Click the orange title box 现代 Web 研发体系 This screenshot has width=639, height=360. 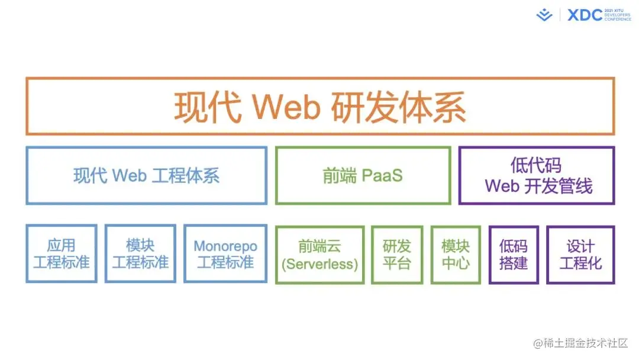[320, 107]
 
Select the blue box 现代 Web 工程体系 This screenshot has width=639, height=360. [146, 176]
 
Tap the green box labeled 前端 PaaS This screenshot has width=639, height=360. [363, 176]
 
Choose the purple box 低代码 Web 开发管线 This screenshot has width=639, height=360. [537, 176]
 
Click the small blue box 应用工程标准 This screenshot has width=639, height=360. [62, 254]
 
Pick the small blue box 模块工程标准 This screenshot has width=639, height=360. [140, 254]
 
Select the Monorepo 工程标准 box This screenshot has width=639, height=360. [225, 254]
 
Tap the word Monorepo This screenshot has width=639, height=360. [225, 246]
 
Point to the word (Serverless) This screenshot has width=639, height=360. [319, 263]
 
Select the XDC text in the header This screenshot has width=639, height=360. [585, 15]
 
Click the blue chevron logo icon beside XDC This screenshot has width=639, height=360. [544, 15]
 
